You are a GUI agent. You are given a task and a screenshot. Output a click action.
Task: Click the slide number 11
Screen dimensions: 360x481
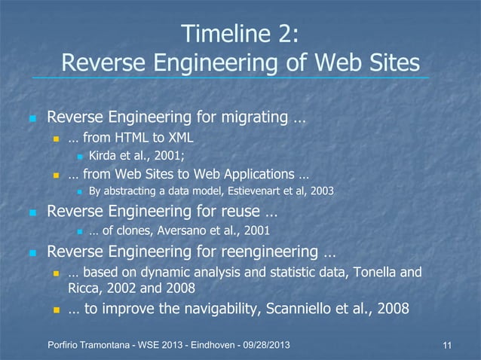click(448, 346)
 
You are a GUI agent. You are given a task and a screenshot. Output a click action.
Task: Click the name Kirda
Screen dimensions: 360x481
click(104, 157)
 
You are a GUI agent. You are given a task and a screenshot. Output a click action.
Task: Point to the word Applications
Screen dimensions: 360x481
click(246, 175)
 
